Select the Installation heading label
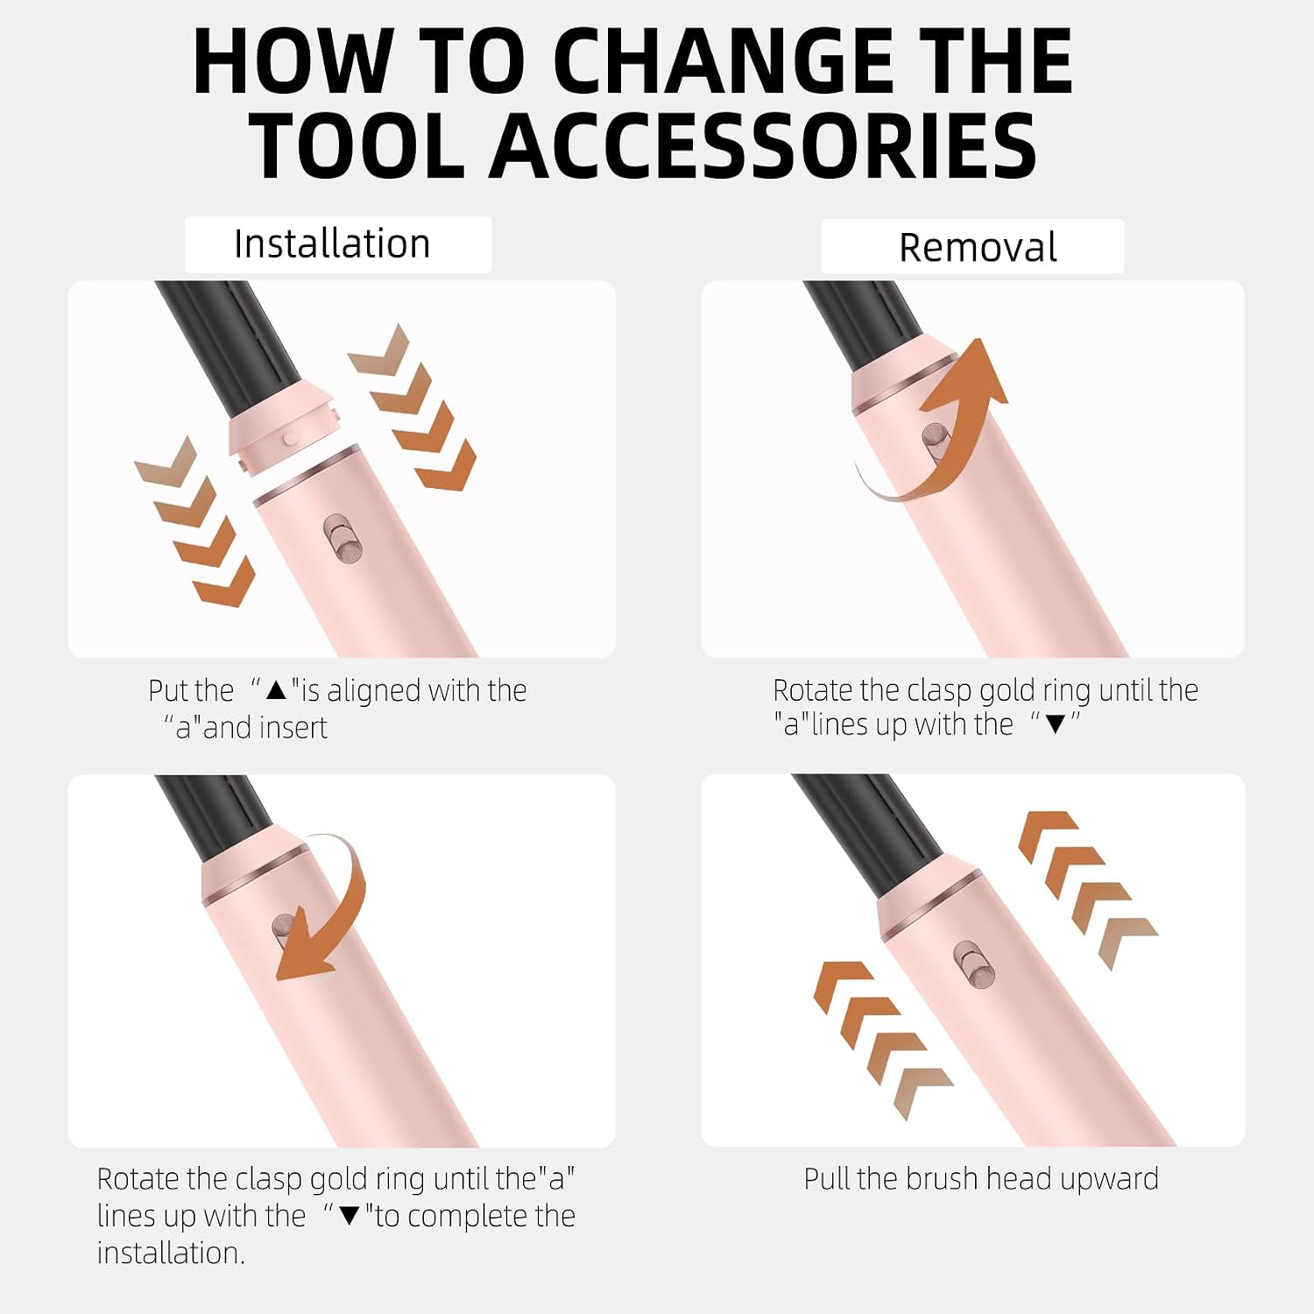[332, 244]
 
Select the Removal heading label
[978, 247]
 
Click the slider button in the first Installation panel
[343, 538]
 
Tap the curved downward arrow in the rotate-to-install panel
[337, 902]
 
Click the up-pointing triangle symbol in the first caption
[277, 690]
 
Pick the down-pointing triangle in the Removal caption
[1056, 724]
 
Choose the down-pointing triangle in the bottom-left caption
[350, 1216]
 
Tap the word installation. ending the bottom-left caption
[171, 1253]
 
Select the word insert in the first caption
[294, 727]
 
